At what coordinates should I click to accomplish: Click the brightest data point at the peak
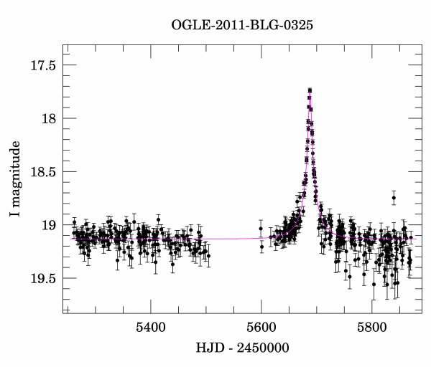[310, 90]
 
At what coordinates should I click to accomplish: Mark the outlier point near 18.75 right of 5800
[394, 198]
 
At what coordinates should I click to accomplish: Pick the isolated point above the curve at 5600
[261, 229]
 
